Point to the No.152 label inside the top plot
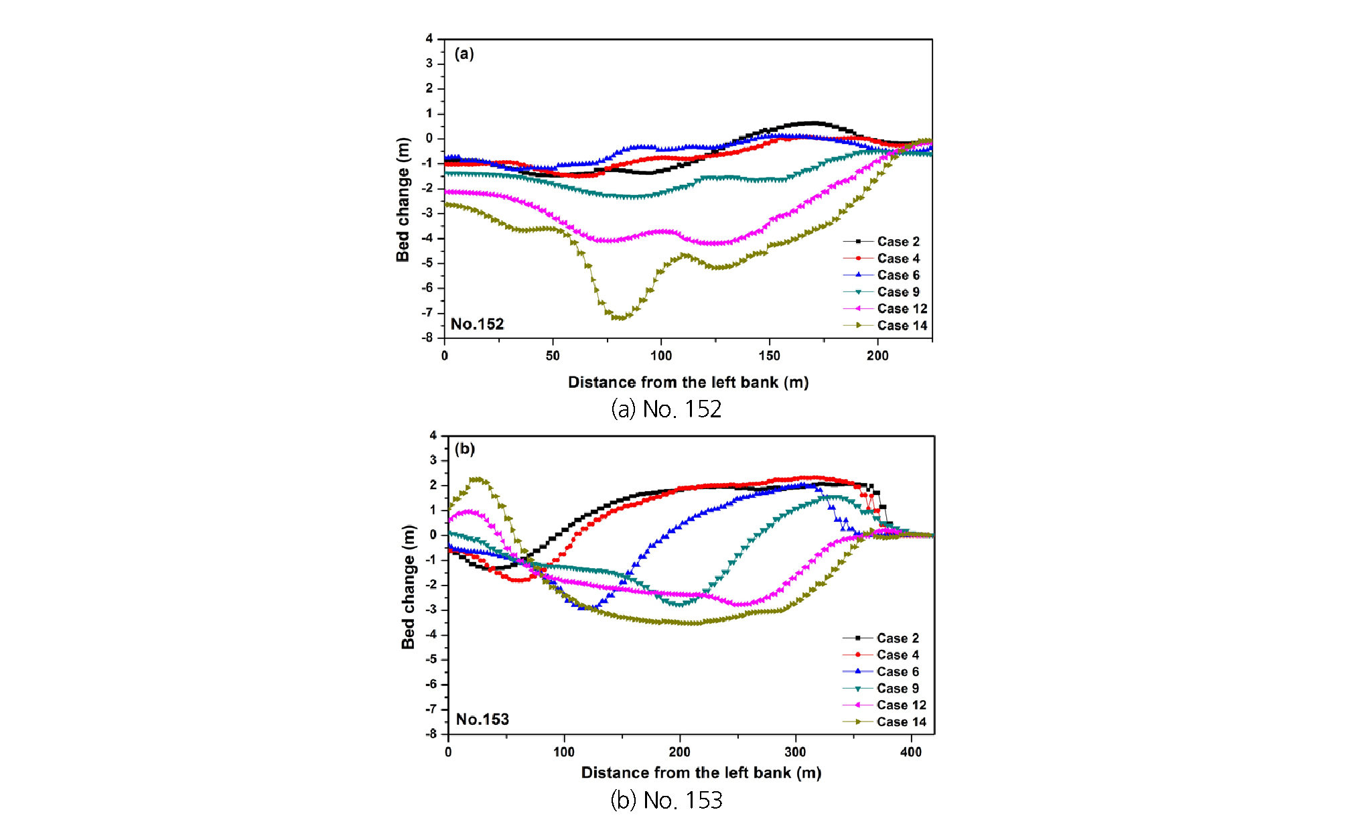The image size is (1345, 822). point(477,324)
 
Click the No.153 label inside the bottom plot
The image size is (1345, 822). point(482,720)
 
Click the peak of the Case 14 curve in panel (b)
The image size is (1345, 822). point(477,479)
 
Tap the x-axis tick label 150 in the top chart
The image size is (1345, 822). point(769,356)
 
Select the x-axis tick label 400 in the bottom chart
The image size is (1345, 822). point(911,752)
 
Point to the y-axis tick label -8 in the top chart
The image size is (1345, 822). point(427,338)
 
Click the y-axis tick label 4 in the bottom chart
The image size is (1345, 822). point(433,435)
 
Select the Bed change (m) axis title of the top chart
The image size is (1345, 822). point(403,200)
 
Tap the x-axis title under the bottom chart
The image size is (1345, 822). point(701,772)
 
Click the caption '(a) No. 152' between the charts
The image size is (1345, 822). point(666,409)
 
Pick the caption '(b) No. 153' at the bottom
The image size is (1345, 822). point(666,800)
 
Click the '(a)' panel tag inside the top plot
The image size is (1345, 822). point(464,54)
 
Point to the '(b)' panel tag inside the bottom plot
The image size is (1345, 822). point(465,449)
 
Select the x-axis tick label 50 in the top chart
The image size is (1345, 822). point(553,356)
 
